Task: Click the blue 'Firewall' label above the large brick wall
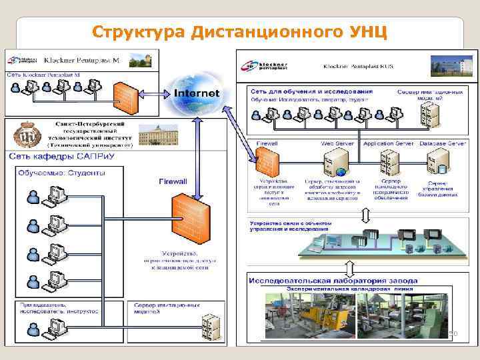pos(173,181)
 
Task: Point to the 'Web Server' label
pos(337,143)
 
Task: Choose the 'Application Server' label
pos(389,143)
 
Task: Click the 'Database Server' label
pos(443,143)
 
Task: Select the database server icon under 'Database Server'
pos(439,162)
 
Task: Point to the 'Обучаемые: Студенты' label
pos(61,173)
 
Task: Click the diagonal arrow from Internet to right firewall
pos(239,134)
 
